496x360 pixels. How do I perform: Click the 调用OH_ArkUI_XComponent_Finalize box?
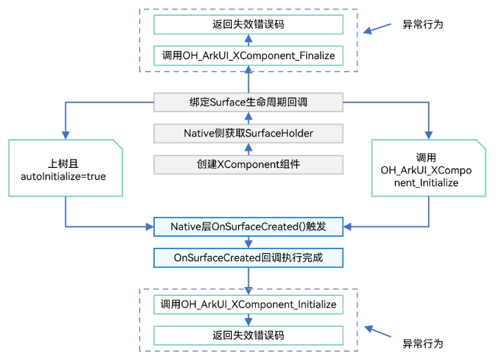pyautogui.click(x=248, y=55)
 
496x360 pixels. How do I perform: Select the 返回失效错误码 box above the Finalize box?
pyautogui.click(x=248, y=24)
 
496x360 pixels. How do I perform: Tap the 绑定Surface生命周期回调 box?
pyautogui.click(x=248, y=103)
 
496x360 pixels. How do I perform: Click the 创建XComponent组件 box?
pyautogui.click(x=248, y=165)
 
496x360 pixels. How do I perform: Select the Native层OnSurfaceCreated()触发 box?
pyautogui.click(x=248, y=226)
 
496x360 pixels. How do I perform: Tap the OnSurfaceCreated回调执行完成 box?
pyautogui.click(x=248, y=257)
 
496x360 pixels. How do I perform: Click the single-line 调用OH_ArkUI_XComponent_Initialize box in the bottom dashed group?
pyautogui.click(x=248, y=304)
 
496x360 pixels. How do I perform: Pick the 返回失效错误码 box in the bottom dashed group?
pyautogui.click(x=248, y=335)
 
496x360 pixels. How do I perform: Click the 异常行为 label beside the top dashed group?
pyautogui.click(x=422, y=24)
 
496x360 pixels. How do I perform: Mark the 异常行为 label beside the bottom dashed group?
pyautogui.click(x=422, y=343)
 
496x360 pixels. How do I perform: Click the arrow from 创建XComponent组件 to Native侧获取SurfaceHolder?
pyautogui.click(x=248, y=149)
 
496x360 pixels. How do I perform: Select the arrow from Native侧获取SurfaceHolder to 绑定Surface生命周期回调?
pyautogui.click(x=248, y=118)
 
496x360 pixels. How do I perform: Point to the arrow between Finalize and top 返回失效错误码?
pyautogui.click(x=248, y=40)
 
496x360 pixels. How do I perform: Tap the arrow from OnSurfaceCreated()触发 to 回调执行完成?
pyautogui.click(x=248, y=242)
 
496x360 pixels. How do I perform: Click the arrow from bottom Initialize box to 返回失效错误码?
pyautogui.click(x=248, y=320)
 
